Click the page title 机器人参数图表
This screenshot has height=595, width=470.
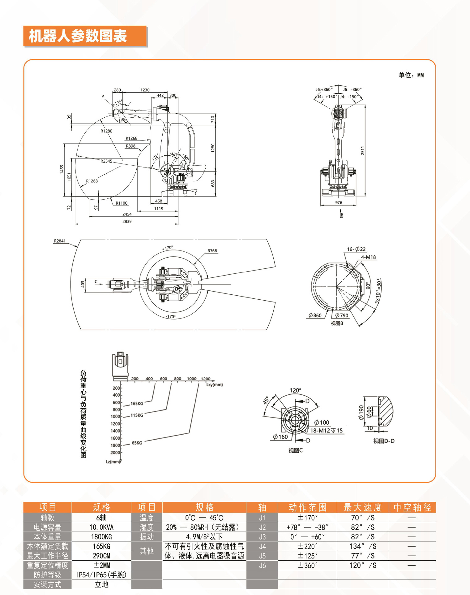(78, 36)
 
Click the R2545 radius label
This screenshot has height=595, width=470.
(106, 161)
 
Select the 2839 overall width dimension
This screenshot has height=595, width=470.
(127, 221)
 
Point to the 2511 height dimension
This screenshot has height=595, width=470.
(363, 150)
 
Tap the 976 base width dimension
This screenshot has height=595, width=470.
(339, 203)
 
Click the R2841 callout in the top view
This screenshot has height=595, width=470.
(60, 241)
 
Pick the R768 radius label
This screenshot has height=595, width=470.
(212, 251)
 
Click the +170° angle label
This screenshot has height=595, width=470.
(167, 248)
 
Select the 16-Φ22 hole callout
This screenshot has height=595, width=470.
(356, 249)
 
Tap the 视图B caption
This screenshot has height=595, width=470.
(337, 323)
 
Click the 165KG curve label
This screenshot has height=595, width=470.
(137, 403)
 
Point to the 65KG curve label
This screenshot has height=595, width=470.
(137, 443)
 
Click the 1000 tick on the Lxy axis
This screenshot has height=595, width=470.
(191, 379)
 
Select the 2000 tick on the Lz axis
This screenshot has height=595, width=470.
(115, 452)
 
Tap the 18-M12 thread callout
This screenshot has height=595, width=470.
(327, 430)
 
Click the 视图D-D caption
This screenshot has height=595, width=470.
(384, 441)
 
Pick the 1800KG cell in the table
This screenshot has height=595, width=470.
(101, 537)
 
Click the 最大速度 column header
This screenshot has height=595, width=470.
(363, 507)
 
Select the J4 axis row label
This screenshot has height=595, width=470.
(262, 546)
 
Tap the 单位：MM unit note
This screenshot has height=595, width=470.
(411, 75)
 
